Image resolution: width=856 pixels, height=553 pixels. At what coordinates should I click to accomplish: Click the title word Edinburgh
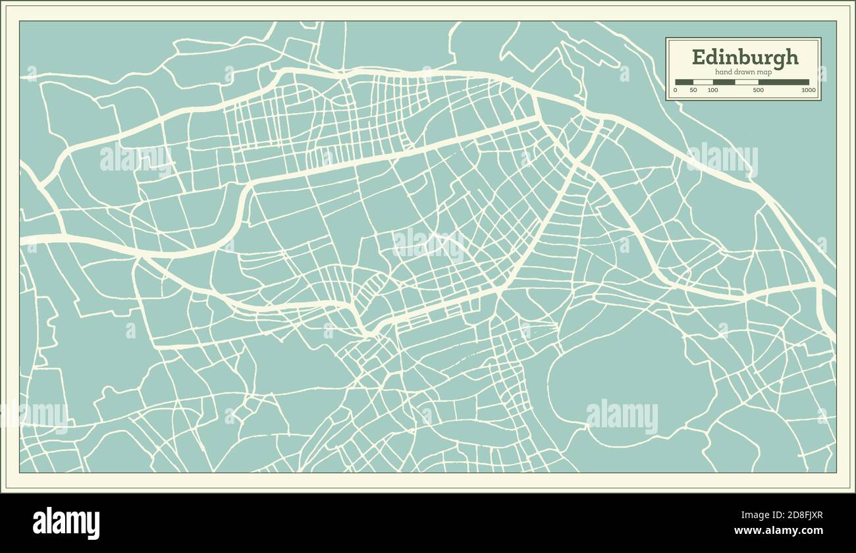[745, 57]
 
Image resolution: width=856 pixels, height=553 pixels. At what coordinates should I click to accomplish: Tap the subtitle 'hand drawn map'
[743, 72]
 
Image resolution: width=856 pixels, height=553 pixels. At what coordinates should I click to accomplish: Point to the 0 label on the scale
[676, 90]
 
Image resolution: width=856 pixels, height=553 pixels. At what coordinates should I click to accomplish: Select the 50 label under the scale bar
[693, 90]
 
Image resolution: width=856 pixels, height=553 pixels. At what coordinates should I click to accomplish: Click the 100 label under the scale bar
[712, 90]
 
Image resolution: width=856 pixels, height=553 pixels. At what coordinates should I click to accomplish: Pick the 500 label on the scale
[758, 90]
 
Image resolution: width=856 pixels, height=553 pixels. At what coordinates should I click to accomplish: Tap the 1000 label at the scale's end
[808, 90]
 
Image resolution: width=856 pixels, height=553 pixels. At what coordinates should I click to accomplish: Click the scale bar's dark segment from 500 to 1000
[784, 82]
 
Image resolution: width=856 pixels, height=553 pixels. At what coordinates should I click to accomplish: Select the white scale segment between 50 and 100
[703, 82]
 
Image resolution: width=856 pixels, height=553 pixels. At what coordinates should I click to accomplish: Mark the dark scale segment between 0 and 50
[684, 82]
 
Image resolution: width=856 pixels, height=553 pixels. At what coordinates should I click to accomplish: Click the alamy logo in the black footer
[67, 523]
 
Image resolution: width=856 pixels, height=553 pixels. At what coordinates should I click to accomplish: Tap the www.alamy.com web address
[778, 531]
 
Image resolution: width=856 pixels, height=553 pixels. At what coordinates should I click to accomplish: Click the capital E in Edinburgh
[697, 57]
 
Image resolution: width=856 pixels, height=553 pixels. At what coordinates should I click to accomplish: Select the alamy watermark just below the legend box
[722, 159]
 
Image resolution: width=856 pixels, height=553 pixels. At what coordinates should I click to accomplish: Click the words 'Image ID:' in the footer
[754, 516]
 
